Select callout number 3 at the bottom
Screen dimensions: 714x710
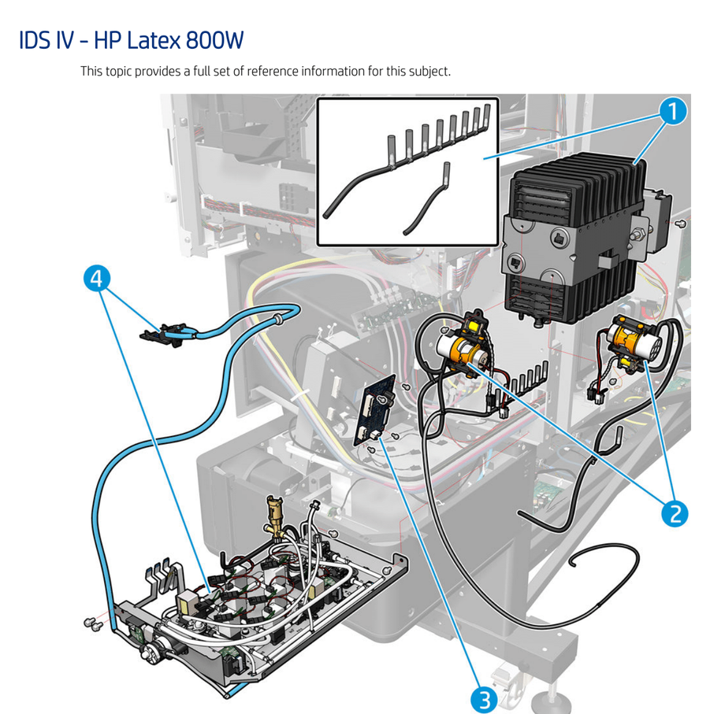coord(485,697)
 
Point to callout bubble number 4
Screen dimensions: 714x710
coord(95,279)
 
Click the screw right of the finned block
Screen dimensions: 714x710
coord(680,224)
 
